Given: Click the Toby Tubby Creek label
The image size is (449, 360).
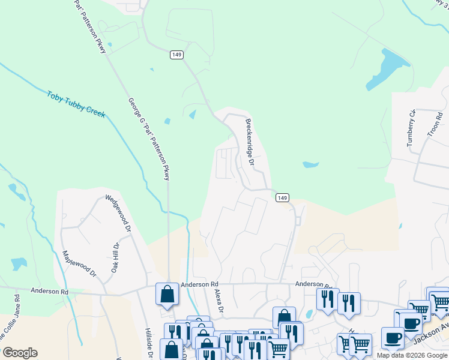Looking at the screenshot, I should (x=76, y=104).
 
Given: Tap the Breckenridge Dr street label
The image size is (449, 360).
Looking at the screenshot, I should (x=250, y=142).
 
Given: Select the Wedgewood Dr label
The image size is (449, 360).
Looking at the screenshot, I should (x=118, y=212).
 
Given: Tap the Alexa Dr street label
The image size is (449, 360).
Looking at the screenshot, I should (x=218, y=302).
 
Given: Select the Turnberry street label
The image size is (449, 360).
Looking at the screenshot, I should (x=411, y=128).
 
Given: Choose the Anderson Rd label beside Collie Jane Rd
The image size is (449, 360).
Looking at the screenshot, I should (x=50, y=292).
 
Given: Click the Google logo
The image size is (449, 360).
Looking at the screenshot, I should (x=20, y=353).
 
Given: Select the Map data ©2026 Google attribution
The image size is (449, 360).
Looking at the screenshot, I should (x=412, y=355).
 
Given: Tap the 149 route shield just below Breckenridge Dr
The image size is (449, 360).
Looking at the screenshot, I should (x=283, y=197).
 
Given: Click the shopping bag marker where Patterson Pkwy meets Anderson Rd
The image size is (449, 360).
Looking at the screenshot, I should (x=166, y=294).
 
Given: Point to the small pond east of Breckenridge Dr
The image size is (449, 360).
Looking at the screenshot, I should (x=310, y=164).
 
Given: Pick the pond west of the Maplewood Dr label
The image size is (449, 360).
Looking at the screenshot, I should (x=19, y=263).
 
